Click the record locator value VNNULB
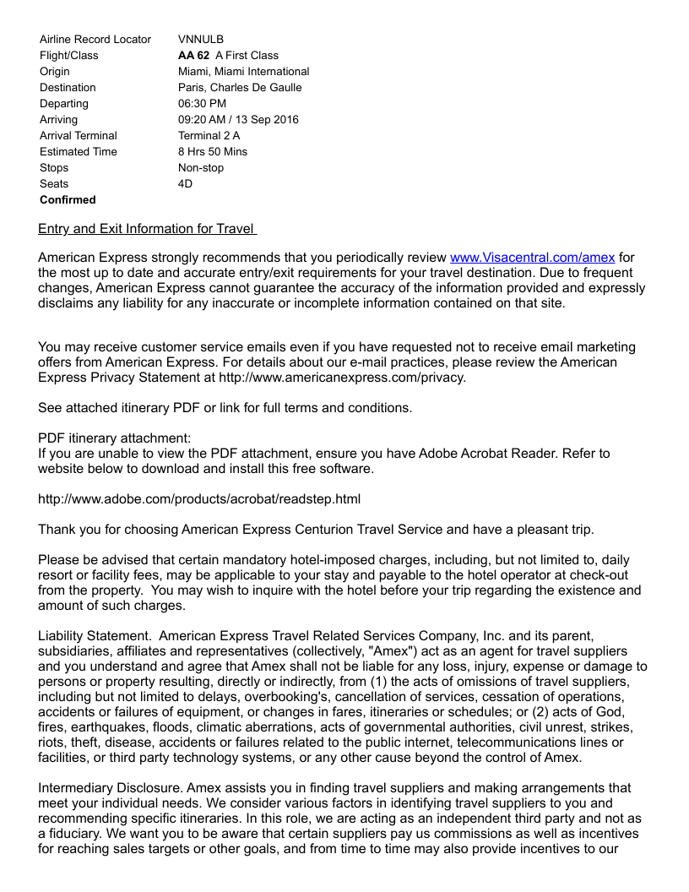201,39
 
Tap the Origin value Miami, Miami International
243,71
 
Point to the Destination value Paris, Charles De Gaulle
240,87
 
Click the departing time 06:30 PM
202,103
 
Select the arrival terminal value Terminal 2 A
209,135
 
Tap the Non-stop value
201,167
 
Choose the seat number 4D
186,183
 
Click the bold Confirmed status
68,199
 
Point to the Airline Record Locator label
95,39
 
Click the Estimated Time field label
79,151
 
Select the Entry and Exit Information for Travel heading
147,229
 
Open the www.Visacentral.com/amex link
532,257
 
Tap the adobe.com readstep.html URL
199,499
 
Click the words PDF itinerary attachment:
115,438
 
